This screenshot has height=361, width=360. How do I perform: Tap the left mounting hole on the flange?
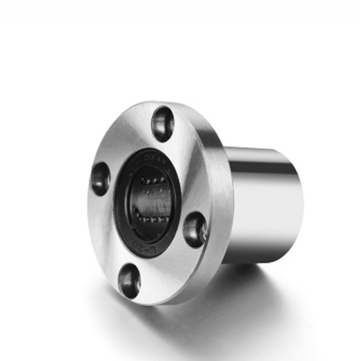coord(101,178)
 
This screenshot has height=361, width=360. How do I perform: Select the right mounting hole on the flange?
coord(194,228)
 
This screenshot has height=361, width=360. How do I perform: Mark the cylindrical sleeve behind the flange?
coord(265,204)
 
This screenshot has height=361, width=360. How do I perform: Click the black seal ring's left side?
coord(122,204)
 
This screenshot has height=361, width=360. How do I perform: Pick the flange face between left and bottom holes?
coord(109,234)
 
